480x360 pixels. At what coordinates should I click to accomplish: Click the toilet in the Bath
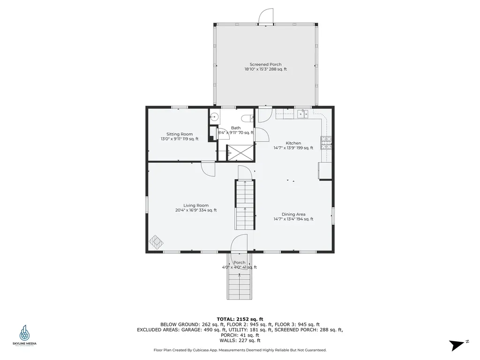(x=247, y=118)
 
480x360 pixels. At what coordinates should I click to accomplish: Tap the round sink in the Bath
(x=214, y=117)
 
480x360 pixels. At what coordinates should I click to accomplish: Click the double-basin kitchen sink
(x=302, y=113)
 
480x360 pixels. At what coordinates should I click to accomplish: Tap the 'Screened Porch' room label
(x=265, y=64)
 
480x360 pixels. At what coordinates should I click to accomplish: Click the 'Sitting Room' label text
(x=180, y=134)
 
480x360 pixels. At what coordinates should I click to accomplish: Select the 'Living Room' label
(x=196, y=205)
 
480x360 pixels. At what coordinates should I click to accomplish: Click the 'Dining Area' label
(x=294, y=214)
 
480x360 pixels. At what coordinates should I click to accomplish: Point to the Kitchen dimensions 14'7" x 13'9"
(x=293, y=148)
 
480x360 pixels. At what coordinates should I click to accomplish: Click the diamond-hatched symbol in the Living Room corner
(x=157, y=241)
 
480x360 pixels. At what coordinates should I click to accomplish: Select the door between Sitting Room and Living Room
(x=208, y=168)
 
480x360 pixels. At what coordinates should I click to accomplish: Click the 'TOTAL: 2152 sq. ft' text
(x=240, y=318)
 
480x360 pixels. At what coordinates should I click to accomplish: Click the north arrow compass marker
(x=457, y=345)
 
